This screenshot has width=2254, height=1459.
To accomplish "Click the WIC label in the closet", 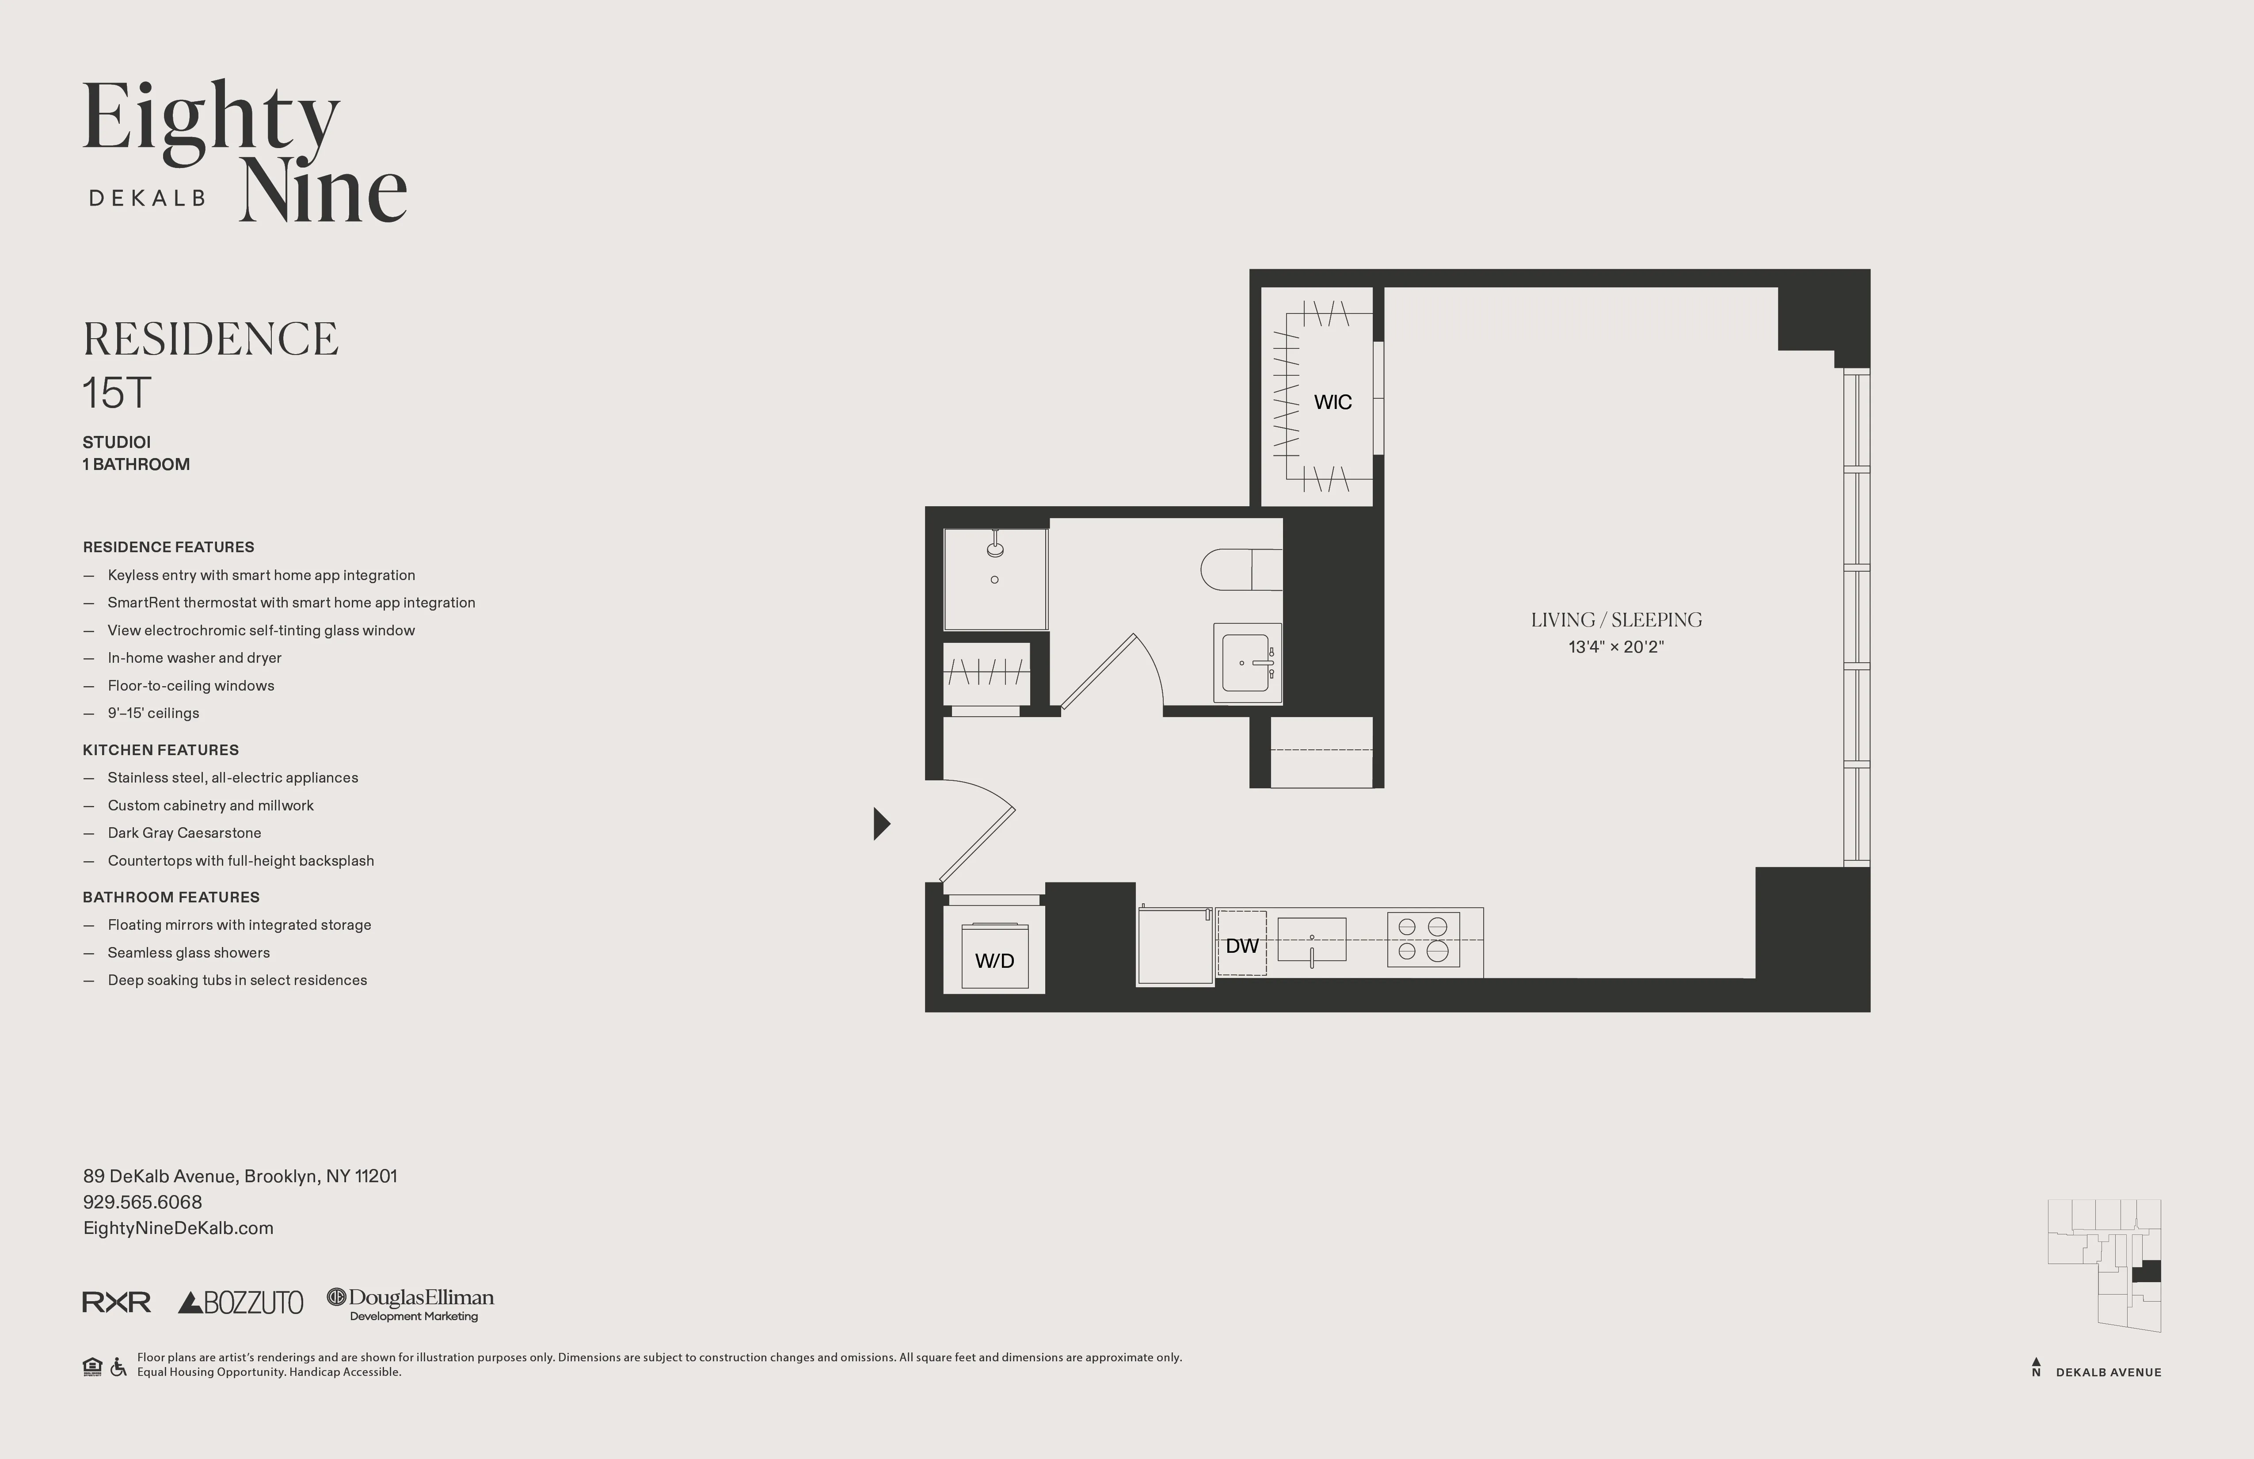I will pos(1333,402).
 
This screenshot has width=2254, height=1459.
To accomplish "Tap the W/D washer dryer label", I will pos(994,961).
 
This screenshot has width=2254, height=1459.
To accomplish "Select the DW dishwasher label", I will pos(1241,946).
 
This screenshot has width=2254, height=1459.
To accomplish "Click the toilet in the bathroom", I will pos(1241,569).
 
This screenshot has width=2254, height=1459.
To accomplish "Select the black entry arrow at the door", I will pos(881,823).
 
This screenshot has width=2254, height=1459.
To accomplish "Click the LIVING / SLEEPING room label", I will pos(1616,619).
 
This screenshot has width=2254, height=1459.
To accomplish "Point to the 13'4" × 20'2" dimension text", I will pos(1616,647).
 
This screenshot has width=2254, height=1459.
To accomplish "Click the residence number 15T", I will pos(117,393).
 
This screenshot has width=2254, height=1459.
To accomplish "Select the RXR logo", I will pos(117,1302).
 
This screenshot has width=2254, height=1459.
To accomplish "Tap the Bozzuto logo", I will pos(240,1302).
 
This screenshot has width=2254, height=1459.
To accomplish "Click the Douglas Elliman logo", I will pos(411,1302).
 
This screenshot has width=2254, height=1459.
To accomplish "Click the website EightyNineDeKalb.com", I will pos(178,1228).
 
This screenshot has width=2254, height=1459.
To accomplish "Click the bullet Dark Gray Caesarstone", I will pos(185,833).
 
